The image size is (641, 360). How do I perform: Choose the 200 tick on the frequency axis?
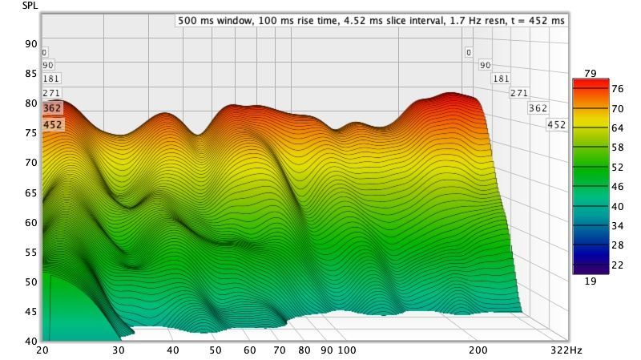coord(478,350)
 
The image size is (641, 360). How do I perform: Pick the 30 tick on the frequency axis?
coord(119,350)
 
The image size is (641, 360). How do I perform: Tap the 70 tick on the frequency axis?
coord(279,350)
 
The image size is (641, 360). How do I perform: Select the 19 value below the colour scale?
coord(590,281)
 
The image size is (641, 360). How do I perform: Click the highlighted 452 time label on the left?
coord(52,124)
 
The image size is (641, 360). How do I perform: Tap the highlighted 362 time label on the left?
coord(52,108)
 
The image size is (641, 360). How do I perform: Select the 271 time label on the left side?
coord(51,94)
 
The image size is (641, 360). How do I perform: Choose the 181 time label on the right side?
coord(501,79)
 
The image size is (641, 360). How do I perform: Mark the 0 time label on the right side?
coord(469,52)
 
